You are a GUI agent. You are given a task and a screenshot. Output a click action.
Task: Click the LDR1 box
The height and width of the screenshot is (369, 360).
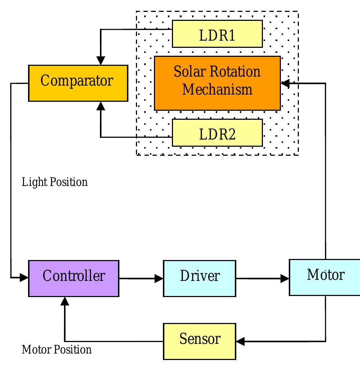pos(217,34)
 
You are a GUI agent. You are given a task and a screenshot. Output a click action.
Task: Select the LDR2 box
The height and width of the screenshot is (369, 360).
pos(217,133)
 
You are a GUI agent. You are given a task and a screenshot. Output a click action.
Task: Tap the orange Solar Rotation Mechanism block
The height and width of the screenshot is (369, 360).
pos(217,83)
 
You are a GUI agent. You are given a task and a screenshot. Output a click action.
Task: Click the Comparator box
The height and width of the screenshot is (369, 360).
pos(78,83)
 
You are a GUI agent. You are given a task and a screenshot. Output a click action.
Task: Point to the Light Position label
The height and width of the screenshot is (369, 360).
pos(55,182)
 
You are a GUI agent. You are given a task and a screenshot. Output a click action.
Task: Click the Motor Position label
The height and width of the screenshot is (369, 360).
pos(56,350)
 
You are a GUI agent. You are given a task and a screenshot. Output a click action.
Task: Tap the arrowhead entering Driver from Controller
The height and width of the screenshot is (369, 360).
pos(159,278)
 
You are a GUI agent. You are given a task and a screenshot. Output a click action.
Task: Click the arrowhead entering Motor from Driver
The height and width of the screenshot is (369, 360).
pos(285,278)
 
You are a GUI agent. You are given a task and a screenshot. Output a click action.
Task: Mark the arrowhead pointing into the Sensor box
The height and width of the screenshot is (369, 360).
pos(240,341)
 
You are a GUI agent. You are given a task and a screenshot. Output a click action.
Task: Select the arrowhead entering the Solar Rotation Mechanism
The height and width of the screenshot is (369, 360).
pos(285,83)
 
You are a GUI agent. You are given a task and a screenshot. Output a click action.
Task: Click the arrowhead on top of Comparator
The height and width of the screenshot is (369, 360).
pos(101,60)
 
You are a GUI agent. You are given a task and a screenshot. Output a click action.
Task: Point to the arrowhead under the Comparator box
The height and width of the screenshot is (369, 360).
pos(101,106)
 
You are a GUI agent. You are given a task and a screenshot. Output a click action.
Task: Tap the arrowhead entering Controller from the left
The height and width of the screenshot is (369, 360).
pos(24,277)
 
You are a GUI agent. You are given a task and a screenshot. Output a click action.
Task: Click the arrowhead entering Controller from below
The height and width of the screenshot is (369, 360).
pos(65,301)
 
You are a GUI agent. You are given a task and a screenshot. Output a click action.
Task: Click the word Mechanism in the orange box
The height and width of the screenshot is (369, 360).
pos(217,90)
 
